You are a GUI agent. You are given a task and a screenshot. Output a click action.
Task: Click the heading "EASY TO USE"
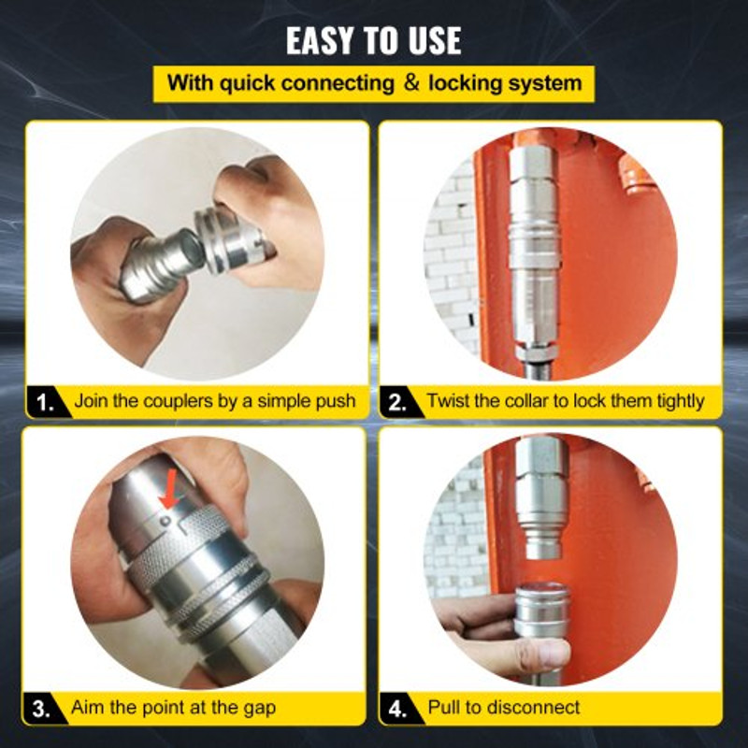coord(373,40)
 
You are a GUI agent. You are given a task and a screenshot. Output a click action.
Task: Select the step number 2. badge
coord(397,402)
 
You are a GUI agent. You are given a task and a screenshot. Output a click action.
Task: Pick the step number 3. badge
coord(43,708)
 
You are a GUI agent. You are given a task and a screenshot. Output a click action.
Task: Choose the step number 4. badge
coord(397,708)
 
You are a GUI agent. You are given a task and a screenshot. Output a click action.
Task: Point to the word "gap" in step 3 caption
coord(257,708)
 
